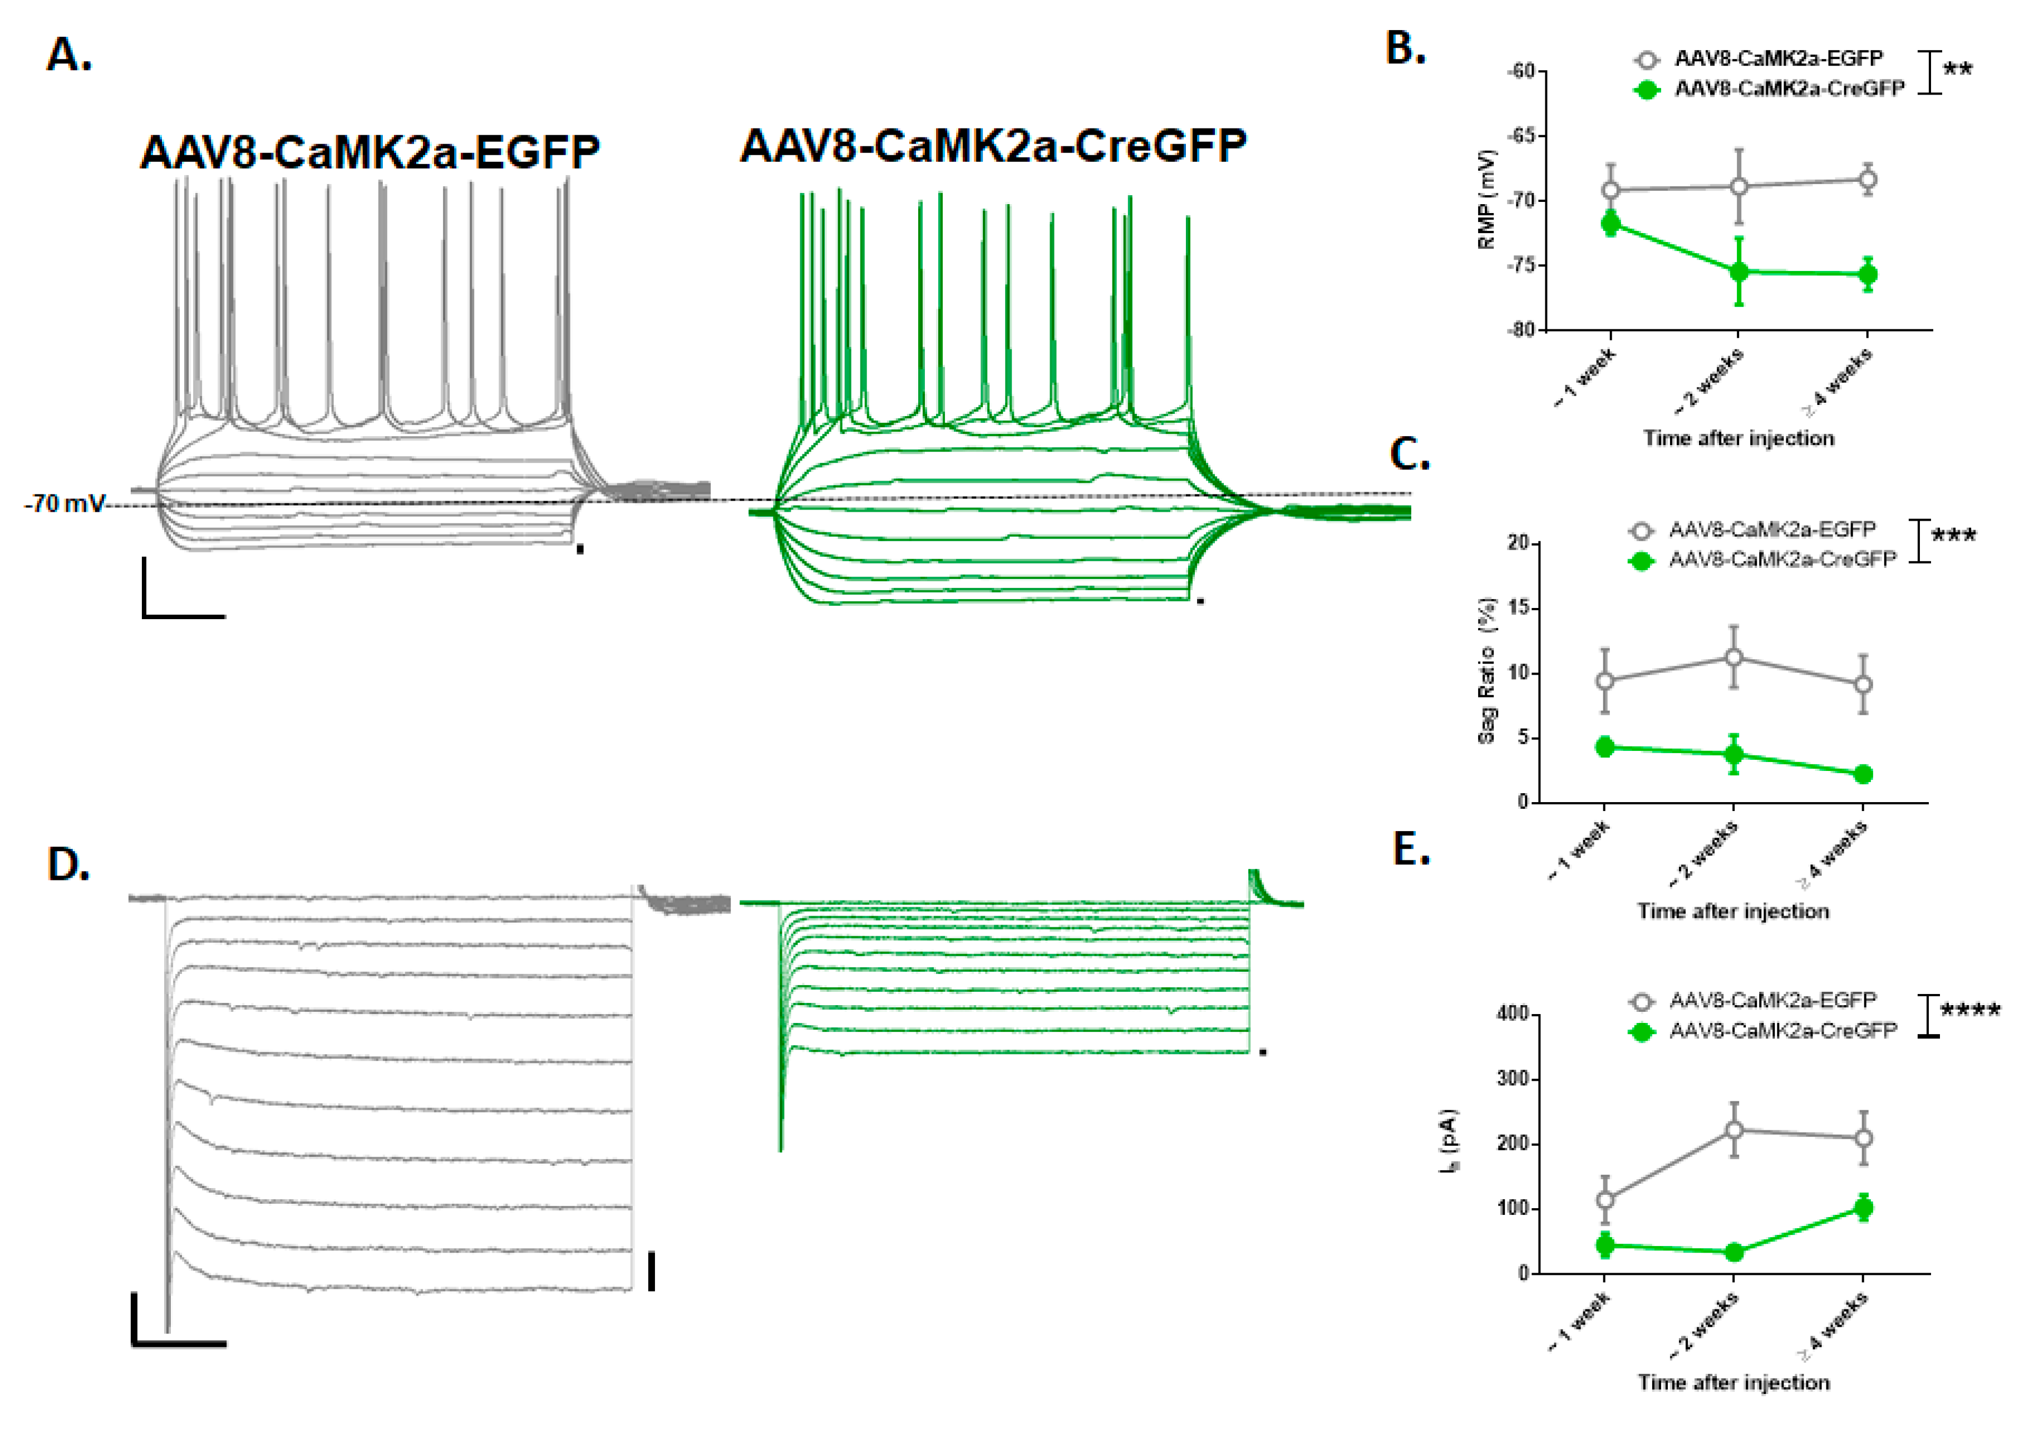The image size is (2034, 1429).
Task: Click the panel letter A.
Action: [x=68, y=55]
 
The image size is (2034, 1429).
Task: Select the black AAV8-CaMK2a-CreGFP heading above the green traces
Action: [x=993, y=146]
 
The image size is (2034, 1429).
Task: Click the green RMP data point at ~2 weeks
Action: [x=1739, y=272]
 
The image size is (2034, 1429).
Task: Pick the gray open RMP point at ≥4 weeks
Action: [x=1868, y=180]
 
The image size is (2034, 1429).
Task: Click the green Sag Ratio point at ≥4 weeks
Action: [x=1863, y=774]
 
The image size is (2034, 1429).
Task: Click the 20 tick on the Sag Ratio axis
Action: [x=1518, y=543]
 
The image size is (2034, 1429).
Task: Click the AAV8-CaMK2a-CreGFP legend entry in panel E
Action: [x=1782, y=1031]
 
